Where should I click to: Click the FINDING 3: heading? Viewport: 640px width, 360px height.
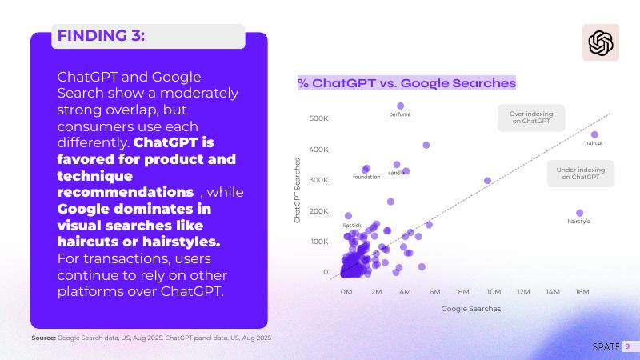point(101,35)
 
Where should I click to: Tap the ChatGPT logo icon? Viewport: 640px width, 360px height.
point(600,42)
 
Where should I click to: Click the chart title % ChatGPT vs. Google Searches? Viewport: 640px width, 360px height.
point(406,83)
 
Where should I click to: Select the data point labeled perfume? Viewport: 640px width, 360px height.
point(401,106)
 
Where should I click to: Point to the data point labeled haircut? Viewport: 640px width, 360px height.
point(594,134)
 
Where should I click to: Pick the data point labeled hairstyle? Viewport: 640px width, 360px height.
point(580,213)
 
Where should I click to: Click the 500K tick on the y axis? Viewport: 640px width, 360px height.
point(318,118)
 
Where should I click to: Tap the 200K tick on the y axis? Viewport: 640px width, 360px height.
point(318,211)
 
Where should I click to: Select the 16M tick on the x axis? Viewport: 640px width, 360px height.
point(582,292)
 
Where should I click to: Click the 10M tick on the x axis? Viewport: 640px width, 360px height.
point(494,292)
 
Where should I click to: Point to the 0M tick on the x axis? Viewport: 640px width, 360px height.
point(346,292)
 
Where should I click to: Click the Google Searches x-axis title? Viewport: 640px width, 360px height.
point(471,308)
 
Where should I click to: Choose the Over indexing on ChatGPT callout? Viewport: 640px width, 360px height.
point(530,118)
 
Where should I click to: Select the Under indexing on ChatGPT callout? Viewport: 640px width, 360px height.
point(580,173)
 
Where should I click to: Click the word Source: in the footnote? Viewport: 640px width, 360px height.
point(43,338)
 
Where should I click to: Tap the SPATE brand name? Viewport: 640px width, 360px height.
point(605,346)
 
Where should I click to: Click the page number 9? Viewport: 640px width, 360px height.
point(628,346)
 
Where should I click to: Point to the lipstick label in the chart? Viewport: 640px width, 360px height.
point(352,226)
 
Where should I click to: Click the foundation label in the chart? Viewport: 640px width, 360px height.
point(366,177)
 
